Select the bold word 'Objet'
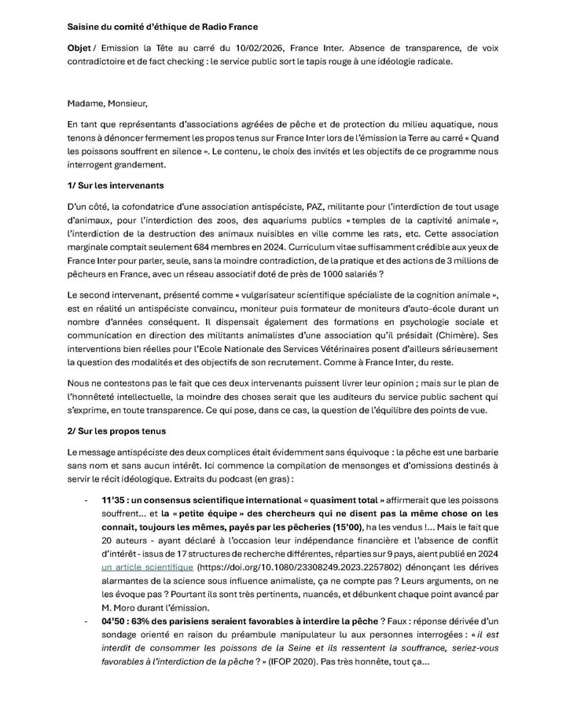(79, 48)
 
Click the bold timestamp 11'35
(115, 500)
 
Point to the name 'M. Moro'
(121, 608)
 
